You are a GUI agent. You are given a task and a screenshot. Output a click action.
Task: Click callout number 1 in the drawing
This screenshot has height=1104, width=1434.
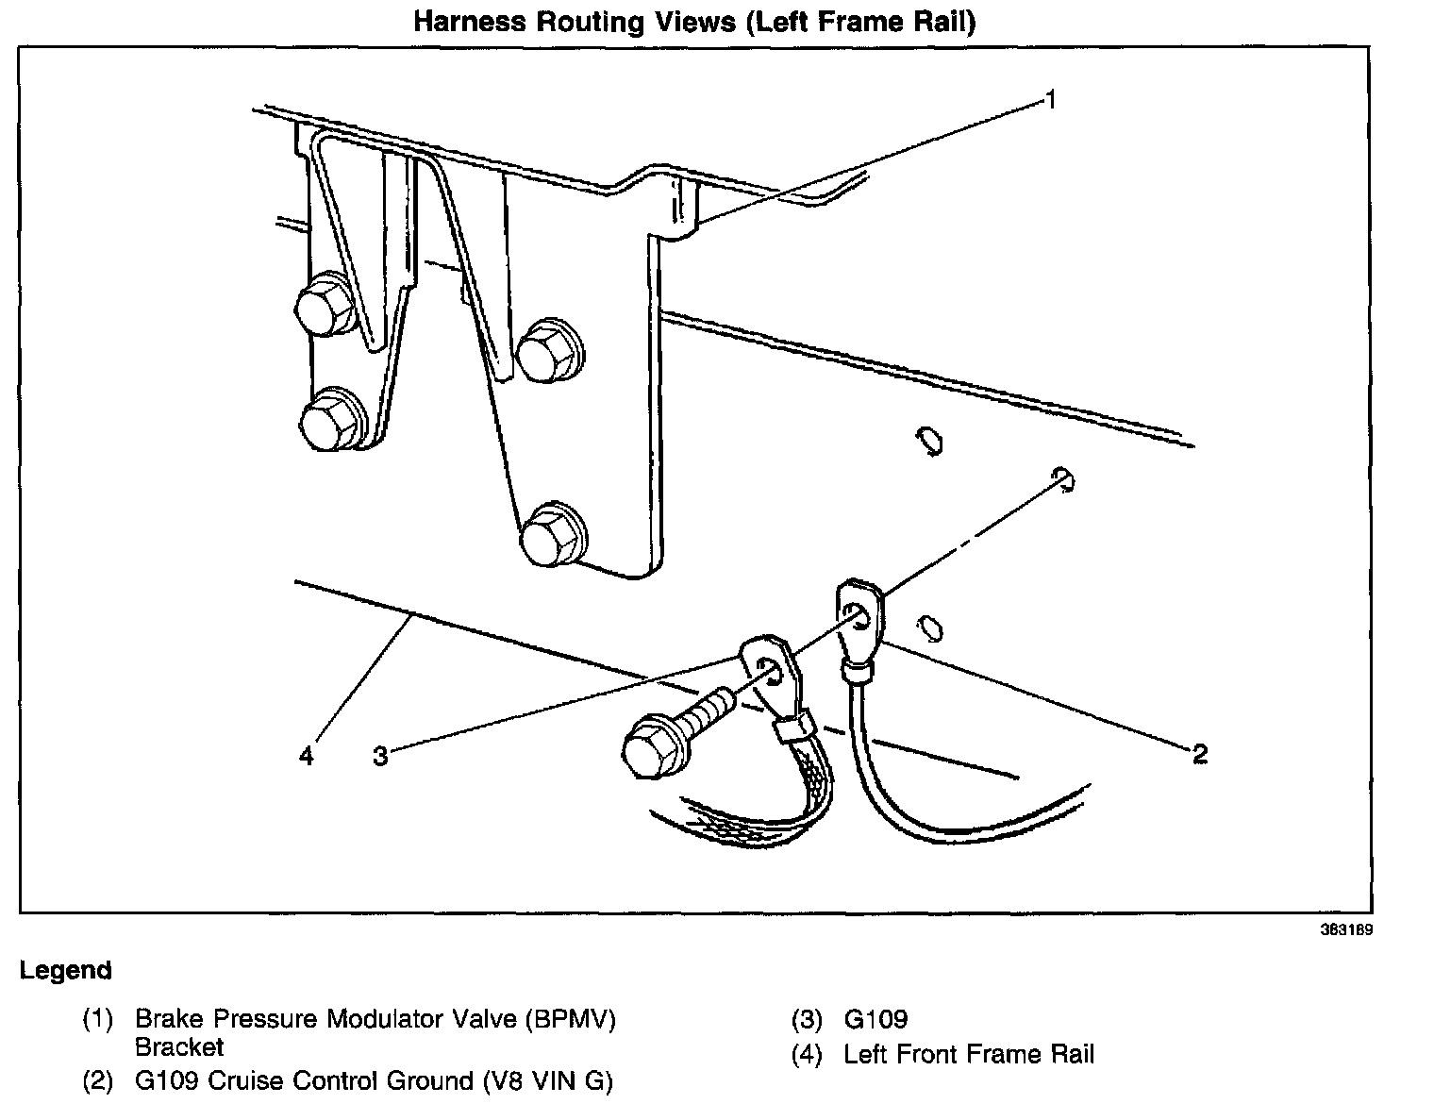1049,99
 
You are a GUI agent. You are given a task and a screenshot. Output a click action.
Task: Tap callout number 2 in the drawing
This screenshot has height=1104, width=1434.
1199,753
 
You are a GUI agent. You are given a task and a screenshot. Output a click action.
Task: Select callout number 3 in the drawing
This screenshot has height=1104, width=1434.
380,755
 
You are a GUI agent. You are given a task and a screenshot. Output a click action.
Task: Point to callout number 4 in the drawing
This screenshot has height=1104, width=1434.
306,755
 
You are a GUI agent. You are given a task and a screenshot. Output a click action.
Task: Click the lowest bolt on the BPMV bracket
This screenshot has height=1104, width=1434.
552,536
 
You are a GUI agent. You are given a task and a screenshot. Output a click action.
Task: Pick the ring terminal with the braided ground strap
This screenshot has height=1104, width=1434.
771,672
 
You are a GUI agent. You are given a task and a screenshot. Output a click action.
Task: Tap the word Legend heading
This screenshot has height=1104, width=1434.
65,970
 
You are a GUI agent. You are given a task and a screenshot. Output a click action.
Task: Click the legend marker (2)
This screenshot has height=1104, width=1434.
98,1080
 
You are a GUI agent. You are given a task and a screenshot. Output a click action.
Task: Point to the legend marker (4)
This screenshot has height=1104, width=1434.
808,1054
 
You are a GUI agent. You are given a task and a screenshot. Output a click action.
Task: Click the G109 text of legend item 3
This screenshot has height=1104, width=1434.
875,1019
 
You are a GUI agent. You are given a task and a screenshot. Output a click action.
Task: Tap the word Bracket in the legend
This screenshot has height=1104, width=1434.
178,1046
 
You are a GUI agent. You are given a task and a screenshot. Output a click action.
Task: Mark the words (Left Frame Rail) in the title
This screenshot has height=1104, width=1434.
859,22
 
